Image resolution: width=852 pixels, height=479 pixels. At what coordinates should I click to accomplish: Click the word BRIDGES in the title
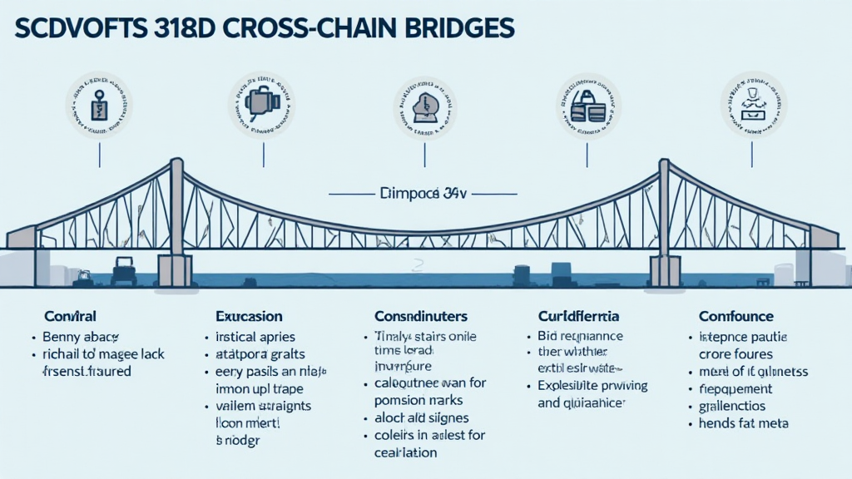[453, 25]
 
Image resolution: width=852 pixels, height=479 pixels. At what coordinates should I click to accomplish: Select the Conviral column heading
[70, 317]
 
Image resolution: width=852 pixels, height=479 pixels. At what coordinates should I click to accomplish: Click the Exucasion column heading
[249, 317]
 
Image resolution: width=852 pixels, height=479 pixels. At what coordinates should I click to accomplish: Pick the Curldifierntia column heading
[579, 317]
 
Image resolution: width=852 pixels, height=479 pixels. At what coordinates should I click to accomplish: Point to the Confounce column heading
[736, 317]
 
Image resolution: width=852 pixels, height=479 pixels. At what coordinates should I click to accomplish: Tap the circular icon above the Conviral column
[99, 106]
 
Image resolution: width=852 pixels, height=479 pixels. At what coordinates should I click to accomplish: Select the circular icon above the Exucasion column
[262, 106]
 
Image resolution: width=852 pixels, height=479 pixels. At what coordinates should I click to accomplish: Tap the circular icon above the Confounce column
[753, 106]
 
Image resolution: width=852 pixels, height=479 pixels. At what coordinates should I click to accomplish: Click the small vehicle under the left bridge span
[123, 271]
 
